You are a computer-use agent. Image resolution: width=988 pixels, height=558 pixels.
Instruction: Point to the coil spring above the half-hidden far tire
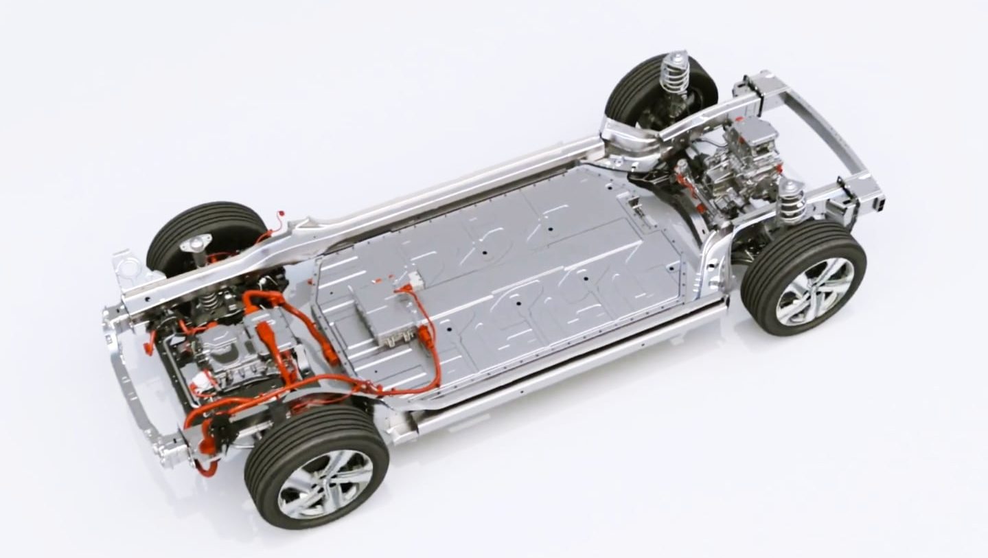pyautogui.click(x=674, y=73)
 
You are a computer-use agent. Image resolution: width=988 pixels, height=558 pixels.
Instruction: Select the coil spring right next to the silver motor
pyautogui.click(x=792, y=201)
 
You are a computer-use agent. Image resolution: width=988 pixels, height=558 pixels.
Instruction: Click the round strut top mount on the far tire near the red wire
pyautogui.click(x=196, y=243)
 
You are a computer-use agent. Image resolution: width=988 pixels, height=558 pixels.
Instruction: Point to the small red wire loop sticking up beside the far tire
pyautogui.click(x=276, y=219)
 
